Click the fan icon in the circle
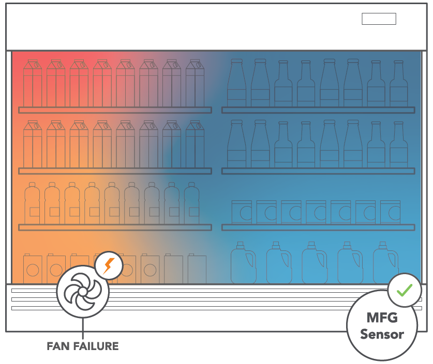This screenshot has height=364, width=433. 83,293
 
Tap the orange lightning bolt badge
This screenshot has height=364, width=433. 109,266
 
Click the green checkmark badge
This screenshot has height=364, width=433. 405,290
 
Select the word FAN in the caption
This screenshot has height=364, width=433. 57,346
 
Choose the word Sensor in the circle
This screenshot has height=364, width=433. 382,334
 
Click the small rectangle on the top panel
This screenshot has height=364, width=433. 379,19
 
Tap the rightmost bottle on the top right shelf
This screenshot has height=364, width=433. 398,84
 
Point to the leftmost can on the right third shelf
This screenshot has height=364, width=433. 242,212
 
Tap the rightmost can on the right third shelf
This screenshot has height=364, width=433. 390,212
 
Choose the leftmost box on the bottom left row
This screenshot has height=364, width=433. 34,268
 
